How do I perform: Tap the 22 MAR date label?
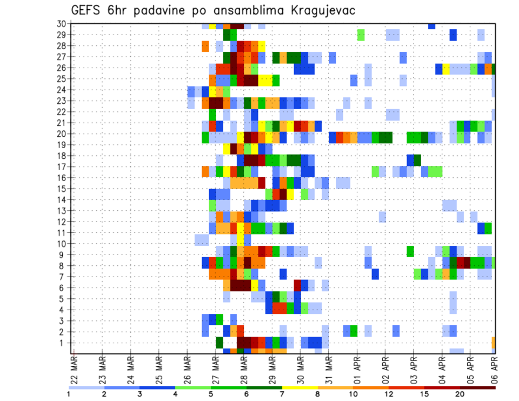point(74,369)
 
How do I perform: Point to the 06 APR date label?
point(493,369)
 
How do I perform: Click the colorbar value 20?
point(460,394)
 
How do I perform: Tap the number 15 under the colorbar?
point(424,394)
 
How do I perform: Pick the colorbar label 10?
point(354,394)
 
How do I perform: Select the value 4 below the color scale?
point(175,394)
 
